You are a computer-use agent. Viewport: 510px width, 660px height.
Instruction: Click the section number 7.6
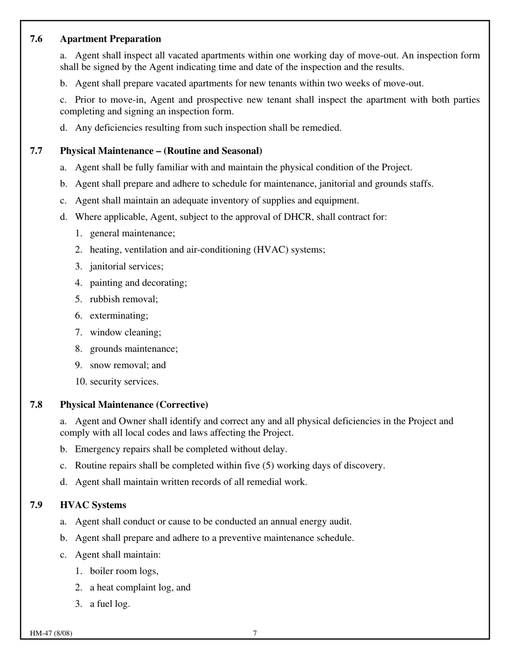(36, 39)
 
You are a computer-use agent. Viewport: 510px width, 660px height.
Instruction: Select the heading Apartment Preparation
(110, 39)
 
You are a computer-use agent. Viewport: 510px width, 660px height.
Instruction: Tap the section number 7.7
(36, 151)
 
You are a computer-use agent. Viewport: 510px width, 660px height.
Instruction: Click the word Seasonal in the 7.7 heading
(239, 151)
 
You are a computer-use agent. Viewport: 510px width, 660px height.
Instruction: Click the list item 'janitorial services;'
(127, 266)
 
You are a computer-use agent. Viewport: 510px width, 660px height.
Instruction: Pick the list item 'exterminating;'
(119, 316)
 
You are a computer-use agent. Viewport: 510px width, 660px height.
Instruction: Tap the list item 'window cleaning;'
(125, 333)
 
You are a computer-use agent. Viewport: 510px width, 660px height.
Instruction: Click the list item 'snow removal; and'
(128, 365)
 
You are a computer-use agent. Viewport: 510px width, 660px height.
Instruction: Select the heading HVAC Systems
(93, 505)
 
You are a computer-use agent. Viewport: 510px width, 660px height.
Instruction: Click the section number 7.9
(36, 505)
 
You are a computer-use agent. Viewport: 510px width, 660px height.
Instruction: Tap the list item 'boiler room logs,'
(124, 571)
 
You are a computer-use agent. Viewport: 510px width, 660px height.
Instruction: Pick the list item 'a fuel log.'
(110, 604)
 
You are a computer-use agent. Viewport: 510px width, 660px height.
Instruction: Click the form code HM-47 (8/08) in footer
(51, 633)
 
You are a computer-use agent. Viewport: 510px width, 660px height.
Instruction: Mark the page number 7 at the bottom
(255, 633)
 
